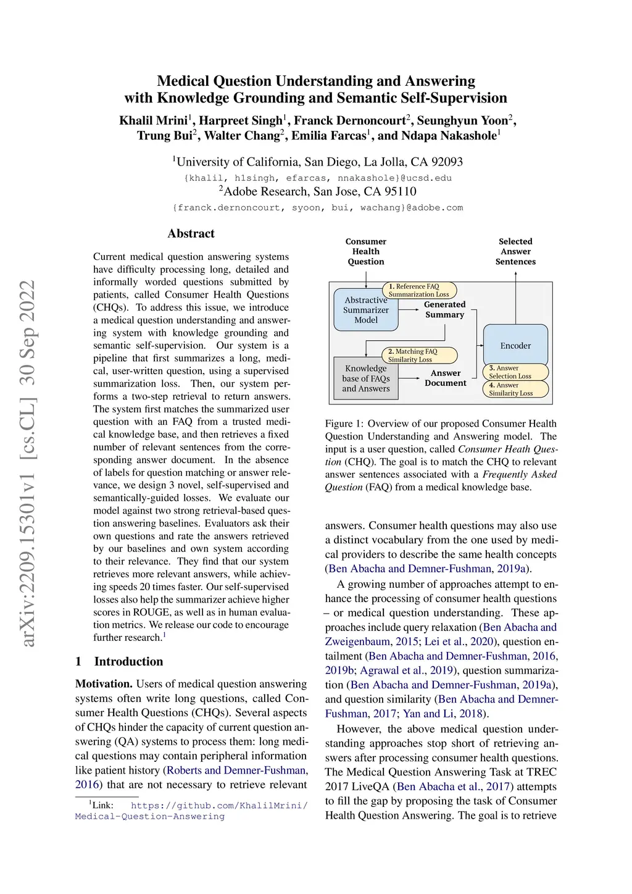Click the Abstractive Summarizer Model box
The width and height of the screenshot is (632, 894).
click(x=366, y=310)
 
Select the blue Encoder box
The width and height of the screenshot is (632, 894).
click(x=515, y=345)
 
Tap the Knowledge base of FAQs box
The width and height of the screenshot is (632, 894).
click(x=366, y=378)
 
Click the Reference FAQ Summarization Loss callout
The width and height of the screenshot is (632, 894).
click(x=419, y=290)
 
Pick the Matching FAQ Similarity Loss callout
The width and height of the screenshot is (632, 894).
click(x=419, y=356)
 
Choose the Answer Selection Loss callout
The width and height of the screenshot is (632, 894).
click(x=515, y=372)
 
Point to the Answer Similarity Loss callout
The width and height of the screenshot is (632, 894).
click(x=515, y=389)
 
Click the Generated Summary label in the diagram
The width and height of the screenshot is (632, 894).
click(x=444, y=309)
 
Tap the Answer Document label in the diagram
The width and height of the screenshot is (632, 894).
click(x=446, y=378)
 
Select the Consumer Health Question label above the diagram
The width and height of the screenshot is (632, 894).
click(x=366, y=251)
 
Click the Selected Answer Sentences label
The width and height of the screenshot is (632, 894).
click(x=515, y=251)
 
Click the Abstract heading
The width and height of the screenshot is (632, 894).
click(x=191, y=233)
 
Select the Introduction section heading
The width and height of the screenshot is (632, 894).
click(x=128, y=661)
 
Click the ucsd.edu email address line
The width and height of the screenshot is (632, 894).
click(x=318, y=178)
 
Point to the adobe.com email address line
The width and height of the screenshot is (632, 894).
click(x=318, y=207)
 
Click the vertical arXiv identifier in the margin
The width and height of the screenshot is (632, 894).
click(x=28, y=463)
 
